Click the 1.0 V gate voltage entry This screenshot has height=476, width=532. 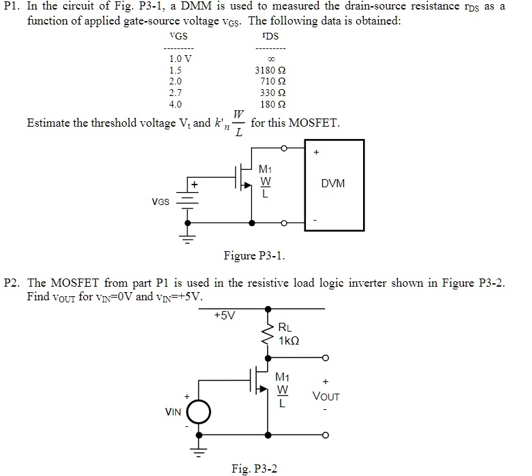tap(181, 59)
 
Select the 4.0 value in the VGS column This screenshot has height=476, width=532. tap(176, 104)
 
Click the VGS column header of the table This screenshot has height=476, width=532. tap(178, 35)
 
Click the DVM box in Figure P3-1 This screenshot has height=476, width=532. tap(334, 185)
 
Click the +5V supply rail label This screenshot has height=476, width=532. tap(224, 315)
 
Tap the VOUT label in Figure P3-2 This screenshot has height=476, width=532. tap(326, 396)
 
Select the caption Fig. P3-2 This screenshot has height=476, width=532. tap(254, 469)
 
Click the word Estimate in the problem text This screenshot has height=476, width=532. tap(48, 123)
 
